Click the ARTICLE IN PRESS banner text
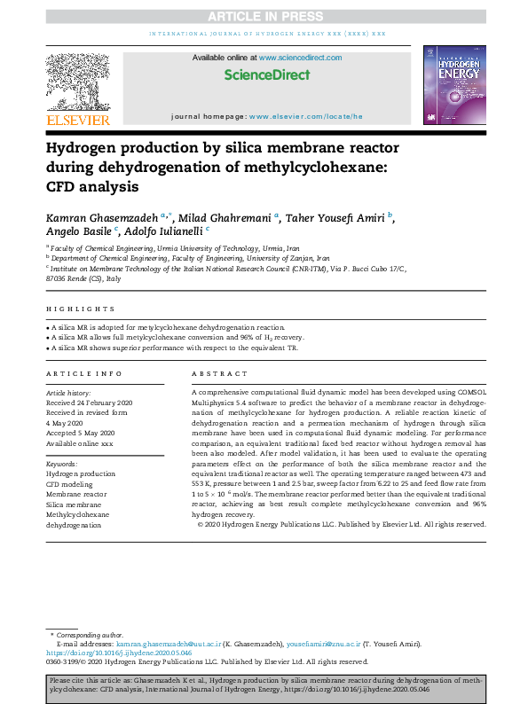tap(263, 16)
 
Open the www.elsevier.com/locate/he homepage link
tap(306, 116)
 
